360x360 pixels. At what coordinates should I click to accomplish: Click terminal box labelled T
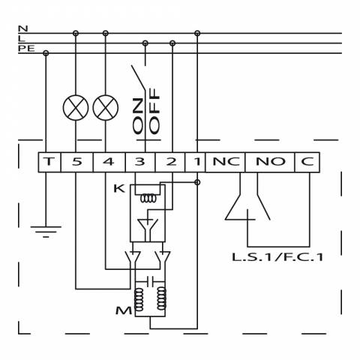(49, 162)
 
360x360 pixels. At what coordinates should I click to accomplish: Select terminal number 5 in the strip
(77, 162)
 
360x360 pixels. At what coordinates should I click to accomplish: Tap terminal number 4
(109, 162)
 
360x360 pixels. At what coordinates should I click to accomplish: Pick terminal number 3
(140, 162)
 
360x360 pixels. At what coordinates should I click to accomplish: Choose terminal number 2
(170, 162)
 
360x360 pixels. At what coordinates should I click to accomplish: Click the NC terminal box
(225, 162)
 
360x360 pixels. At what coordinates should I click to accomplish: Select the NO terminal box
(270, 162)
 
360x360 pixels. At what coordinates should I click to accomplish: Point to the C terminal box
(307, 162)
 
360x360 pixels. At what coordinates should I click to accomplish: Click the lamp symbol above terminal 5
(76, 108)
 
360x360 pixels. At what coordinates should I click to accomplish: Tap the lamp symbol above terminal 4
(106, 108)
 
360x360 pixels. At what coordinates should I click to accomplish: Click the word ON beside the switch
(138, 115)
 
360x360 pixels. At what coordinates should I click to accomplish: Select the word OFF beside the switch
(154, 111)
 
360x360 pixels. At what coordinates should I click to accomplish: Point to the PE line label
(26, 48)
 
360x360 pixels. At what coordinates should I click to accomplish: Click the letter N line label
(23, 28)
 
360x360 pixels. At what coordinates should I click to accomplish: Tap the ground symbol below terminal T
(46, 232)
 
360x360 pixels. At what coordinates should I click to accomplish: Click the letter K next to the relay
(119, 188)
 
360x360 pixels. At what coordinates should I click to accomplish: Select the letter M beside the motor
(124, 310)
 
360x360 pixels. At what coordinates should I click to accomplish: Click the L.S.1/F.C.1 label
(277, 257)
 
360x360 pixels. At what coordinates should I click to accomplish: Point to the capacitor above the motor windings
(150, 281)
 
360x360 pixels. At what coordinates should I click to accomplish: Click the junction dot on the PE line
(46, 53)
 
